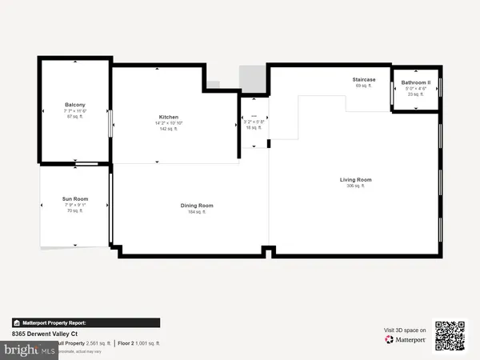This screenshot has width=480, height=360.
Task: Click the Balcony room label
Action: point(76,105)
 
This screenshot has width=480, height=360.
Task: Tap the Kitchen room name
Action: point(168,117)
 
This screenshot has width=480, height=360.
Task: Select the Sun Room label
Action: point(75,198)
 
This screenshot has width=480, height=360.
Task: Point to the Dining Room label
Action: point(196,206)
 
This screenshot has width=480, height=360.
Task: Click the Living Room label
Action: point(355,180)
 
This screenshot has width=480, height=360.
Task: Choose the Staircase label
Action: point(364,79)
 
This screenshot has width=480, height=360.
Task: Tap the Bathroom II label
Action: point(416,82)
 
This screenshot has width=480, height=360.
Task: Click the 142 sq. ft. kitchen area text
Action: point(168,129)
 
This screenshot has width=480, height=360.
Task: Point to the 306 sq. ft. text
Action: point(355,186)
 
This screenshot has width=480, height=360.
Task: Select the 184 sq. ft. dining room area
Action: point(196,212)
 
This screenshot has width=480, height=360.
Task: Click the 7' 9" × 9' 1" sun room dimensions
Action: point(75,205)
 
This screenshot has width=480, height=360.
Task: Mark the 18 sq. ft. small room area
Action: point(254,128)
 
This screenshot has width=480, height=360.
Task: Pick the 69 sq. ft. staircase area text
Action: point(364,86)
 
